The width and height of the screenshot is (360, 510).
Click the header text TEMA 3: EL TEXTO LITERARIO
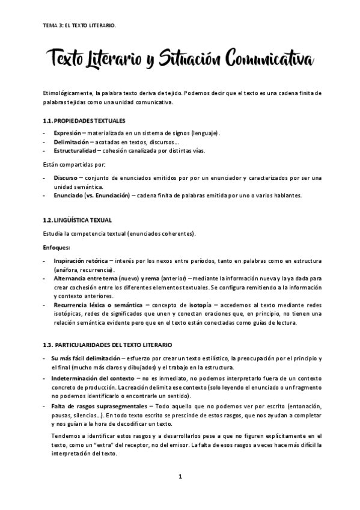(x=76, y=26)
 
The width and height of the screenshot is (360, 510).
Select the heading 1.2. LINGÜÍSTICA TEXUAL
(x=78, y=221)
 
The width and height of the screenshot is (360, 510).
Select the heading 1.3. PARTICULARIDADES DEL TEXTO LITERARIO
(x=108, y=345)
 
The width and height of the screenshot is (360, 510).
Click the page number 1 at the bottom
(x=180, y=477)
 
